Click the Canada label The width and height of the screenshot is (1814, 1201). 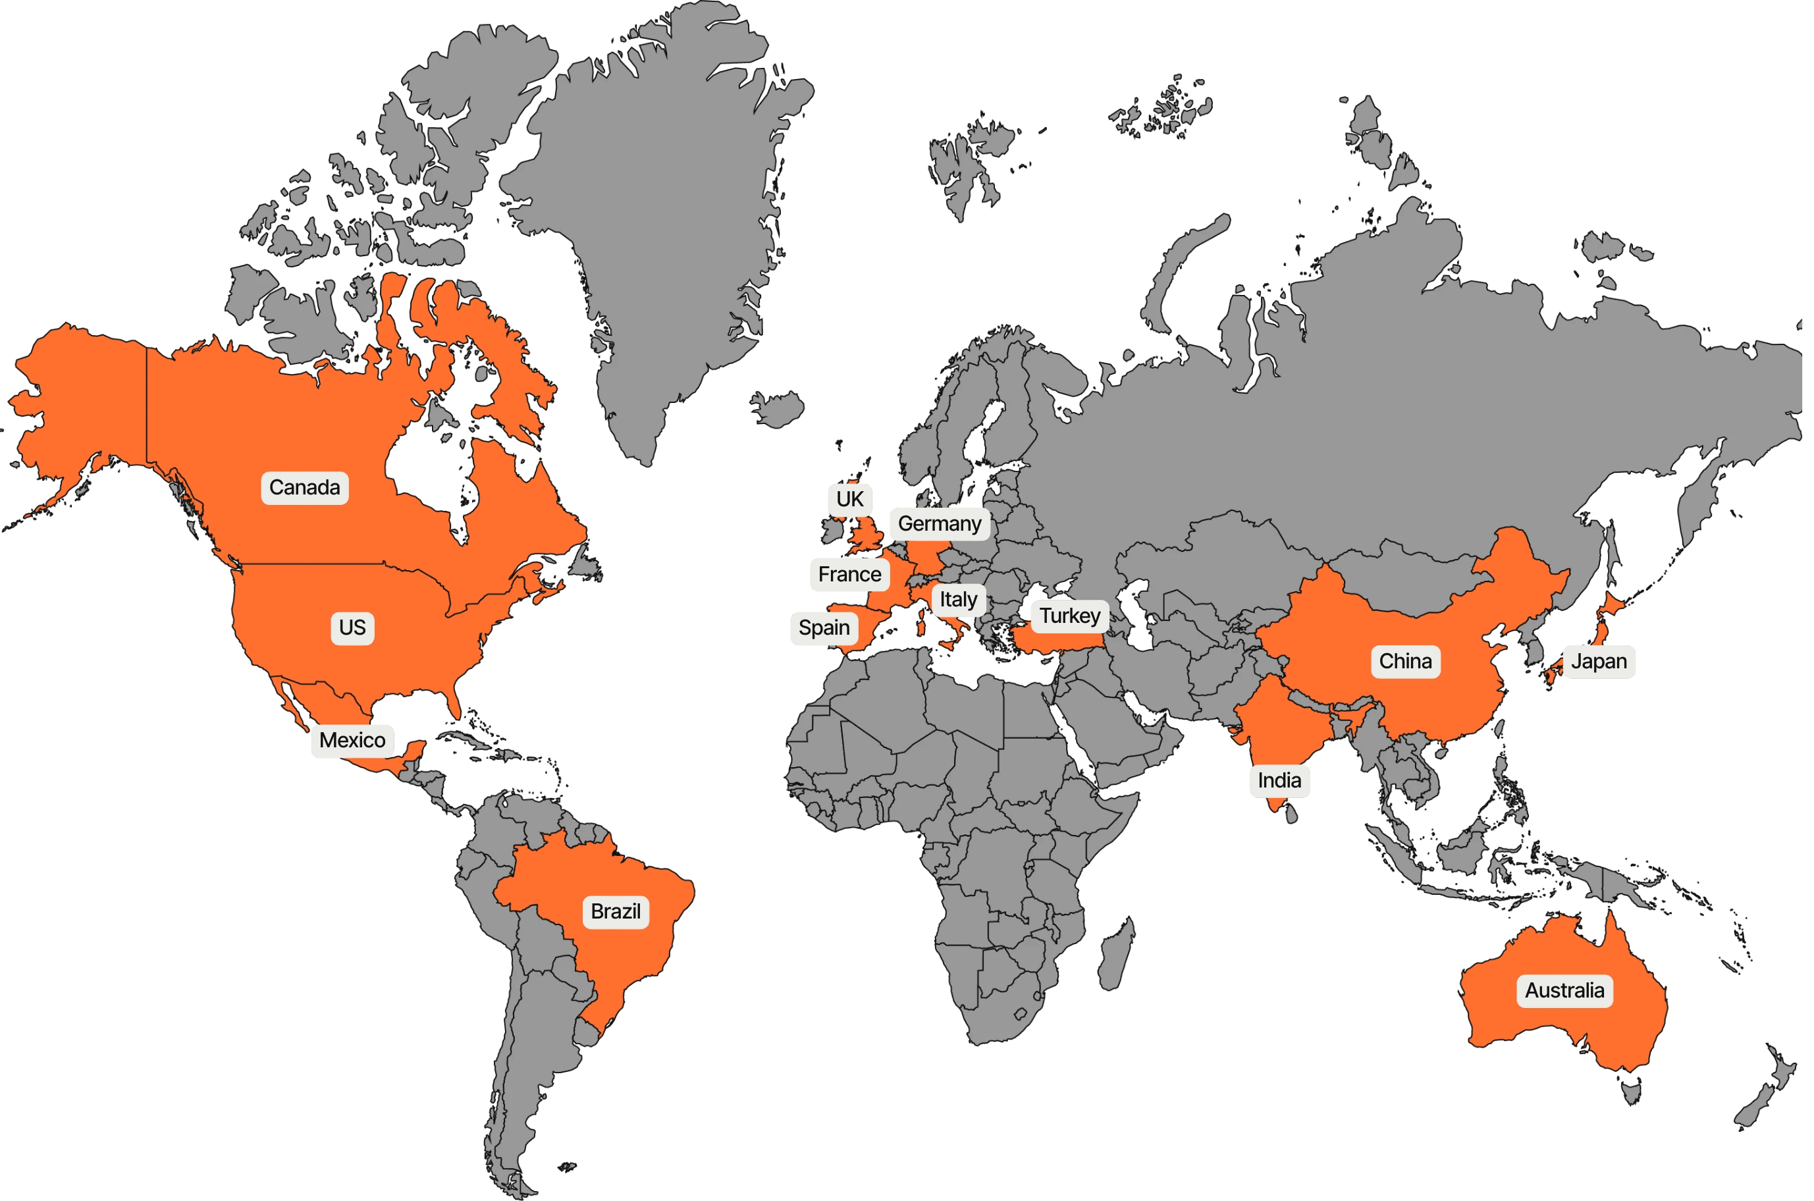(305, 488)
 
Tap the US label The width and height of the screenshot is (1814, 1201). (352, 628)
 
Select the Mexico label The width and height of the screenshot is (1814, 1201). (352, 741)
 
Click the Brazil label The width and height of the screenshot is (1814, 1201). (616, 911)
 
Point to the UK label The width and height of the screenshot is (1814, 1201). (849, 499)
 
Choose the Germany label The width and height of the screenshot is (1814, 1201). (940, 524)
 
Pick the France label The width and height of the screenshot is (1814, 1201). (849, 574)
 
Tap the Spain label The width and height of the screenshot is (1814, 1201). (824, 628)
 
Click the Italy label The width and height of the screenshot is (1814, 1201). (958, 600)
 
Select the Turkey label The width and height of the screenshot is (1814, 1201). (1070, 616)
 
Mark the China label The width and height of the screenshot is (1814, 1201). (1405, 662)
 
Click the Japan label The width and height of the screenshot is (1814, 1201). (1599, 662)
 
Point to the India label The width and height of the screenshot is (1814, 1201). (1279, 780)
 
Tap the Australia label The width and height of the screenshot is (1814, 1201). (1564, 990)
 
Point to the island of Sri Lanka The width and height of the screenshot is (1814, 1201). (1291, 812)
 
